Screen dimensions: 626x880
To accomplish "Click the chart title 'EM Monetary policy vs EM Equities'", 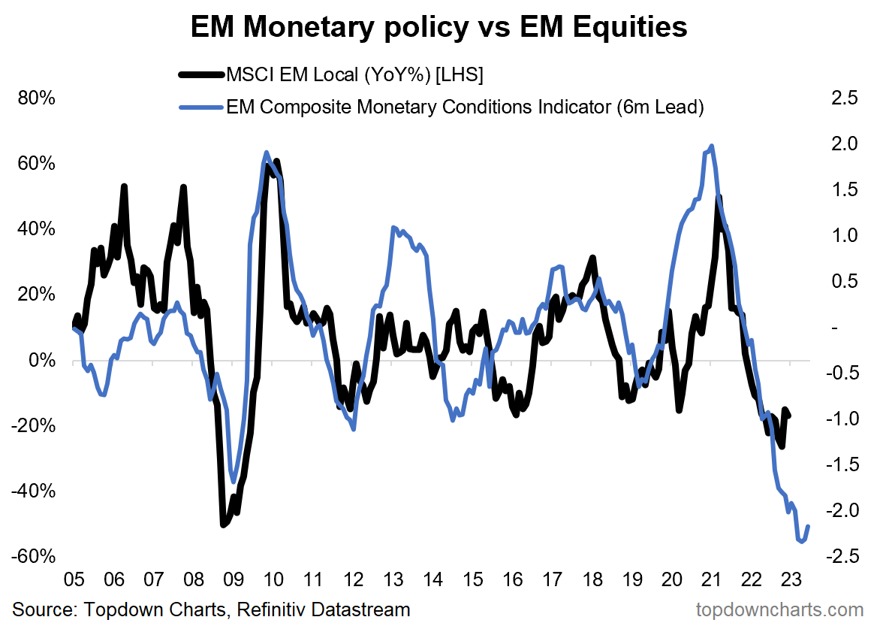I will [x=439, y=28].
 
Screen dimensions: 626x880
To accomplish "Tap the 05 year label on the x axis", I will [x=74, y=580].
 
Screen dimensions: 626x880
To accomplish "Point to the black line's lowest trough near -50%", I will [x=222, y=524].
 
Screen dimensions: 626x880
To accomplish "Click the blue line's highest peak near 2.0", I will [x=711, y=146].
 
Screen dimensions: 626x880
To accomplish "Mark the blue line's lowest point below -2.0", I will [x=801, y=541].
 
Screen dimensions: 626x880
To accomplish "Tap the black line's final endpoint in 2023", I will [x=788, y=416].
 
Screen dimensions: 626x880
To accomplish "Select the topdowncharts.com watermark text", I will [x=780, y=609].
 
